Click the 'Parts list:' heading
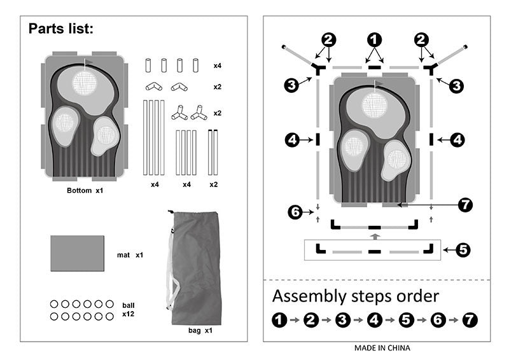point(61,29)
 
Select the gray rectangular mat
point(77,253)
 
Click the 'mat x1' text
point(130,255)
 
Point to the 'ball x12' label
point(128,310)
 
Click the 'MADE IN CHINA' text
point(382,348)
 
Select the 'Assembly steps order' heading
point(355,296)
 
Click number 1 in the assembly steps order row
point(279,321)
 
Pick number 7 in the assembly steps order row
point(470,321)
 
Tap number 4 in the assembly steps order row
point(374,321)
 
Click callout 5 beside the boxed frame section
point(463,250)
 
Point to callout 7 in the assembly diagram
point(466,205)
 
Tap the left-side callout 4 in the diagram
point(291,140)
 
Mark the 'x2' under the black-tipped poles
point(213,184)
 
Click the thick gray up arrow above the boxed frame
point(375,236)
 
